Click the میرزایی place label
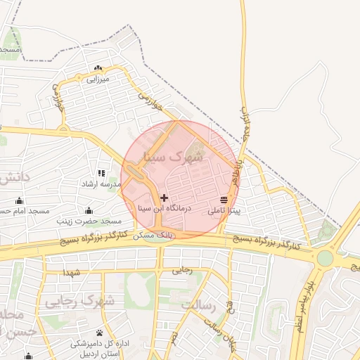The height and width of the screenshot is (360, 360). (x=98, y=79)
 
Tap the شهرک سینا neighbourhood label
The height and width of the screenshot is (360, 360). (x=173, y=157)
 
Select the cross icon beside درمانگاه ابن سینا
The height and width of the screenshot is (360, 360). (x=165, y=198)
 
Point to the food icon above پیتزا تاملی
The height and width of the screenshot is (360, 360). (x=224, y=200)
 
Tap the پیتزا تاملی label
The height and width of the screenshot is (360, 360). (x=224, y=210)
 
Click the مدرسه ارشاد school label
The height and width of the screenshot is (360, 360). (x=102, y=184)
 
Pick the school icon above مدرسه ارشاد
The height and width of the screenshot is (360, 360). (x=102, y=173)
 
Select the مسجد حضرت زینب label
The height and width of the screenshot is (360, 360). (x=89, y=221)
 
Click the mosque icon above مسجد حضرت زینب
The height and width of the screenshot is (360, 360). (x=89, y=211)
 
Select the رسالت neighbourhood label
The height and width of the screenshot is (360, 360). (x=196, y=305)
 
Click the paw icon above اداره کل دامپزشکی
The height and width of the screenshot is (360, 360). (x=99, y=333)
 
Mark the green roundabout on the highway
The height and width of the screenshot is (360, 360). (x=325, y=258)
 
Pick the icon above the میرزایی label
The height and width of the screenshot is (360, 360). (x=98, y=68)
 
